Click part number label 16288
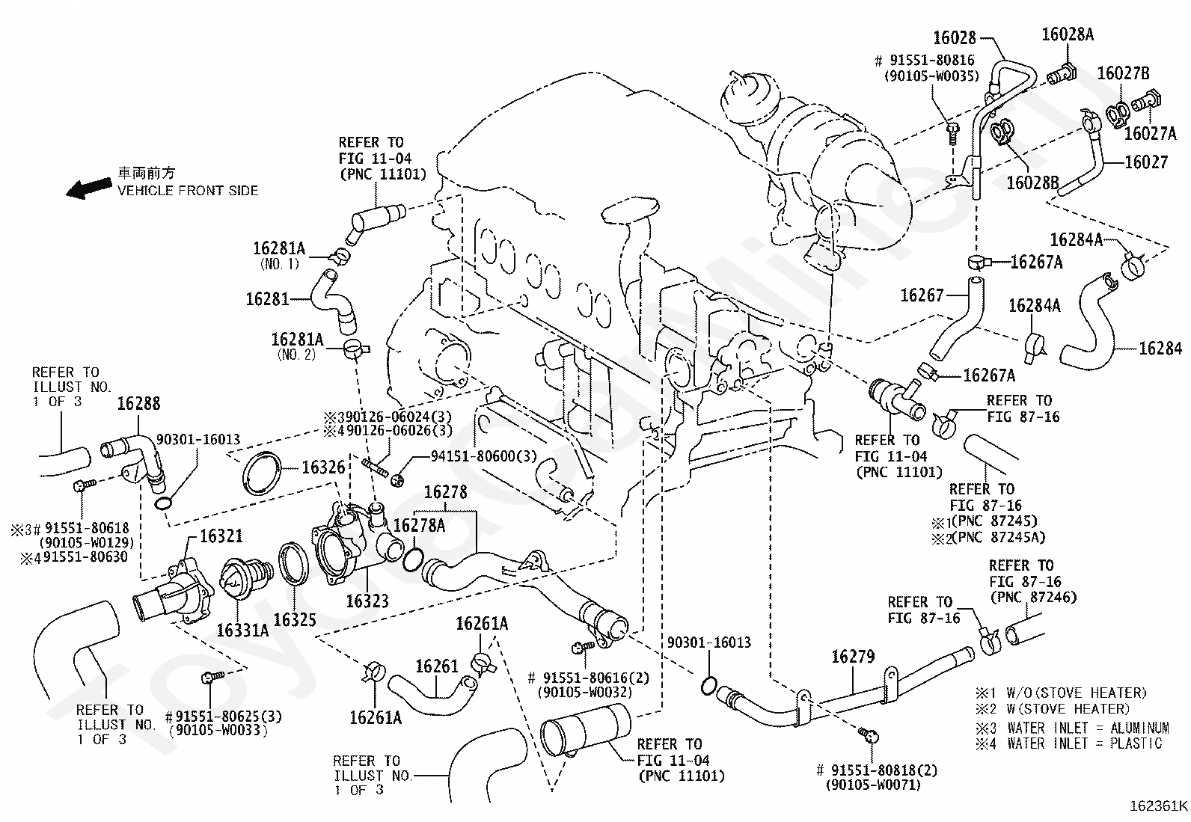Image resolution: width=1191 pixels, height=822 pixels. [x=138, y=404]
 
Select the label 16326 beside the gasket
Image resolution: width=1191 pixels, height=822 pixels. [x=323, y=467]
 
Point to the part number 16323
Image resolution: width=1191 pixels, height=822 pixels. [x=367, y=601]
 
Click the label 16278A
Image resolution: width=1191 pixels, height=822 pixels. [x=419, y=525]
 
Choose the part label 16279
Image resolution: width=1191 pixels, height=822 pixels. [x=853, y=657]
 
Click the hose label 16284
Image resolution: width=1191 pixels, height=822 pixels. [x=1160, y=349]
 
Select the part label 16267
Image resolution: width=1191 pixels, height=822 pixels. [x=922, y=295]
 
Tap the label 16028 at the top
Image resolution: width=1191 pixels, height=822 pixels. [x=955, y=37]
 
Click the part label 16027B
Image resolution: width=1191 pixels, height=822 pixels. [x=1124, y=73]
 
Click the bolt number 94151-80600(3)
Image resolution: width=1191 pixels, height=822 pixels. [x=484, y=456]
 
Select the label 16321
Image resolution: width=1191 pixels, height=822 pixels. [x=221, y=536]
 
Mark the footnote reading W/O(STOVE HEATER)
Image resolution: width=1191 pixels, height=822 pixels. [x=1077, y=693]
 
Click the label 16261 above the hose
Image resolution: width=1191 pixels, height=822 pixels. [x=436, y=666]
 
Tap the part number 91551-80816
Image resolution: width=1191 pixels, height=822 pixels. [x=932, y=60]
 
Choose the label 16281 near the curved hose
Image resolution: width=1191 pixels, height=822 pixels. [x=267, y=299]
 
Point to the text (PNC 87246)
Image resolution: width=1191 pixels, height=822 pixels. [x=1033, y=598]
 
